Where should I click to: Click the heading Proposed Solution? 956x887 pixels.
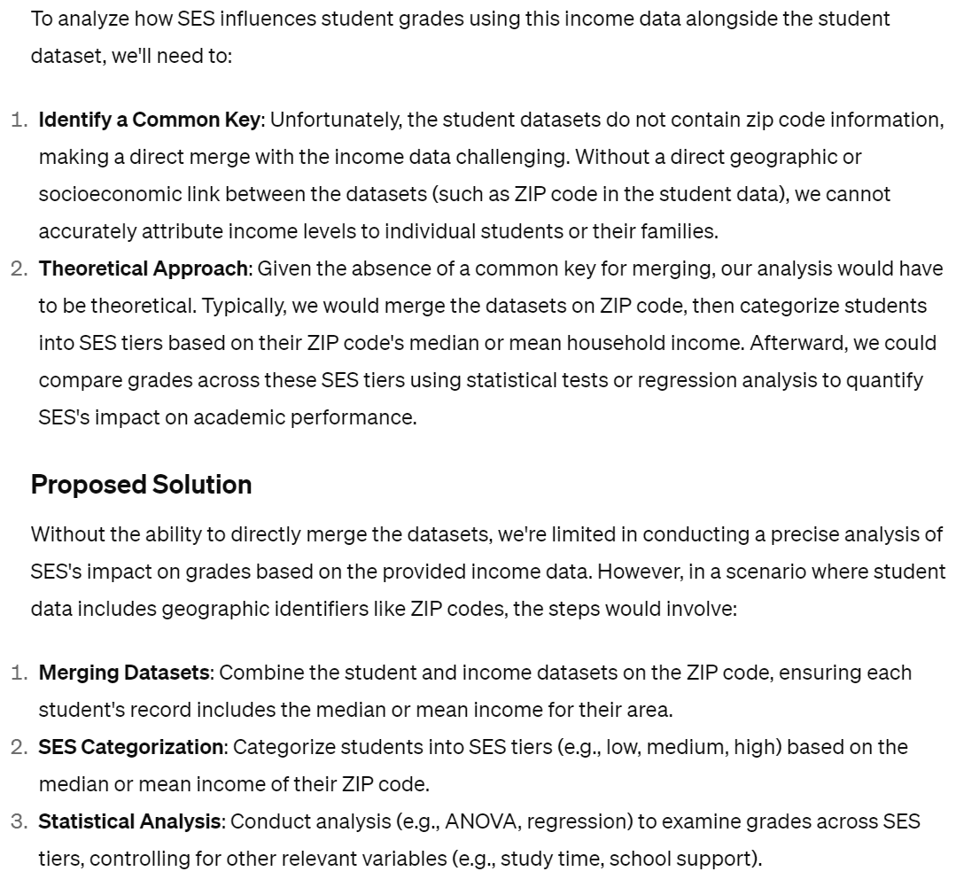point(141,485)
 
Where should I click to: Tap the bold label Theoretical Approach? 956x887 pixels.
point(144,268)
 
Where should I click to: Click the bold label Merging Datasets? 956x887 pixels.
point(124,673)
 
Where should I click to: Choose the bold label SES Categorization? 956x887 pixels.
point(130,747)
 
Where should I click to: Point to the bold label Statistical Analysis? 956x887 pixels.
point(128,821)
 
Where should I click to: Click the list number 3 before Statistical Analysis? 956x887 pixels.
point(19,821)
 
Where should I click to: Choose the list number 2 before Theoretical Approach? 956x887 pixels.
point(19,268)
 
